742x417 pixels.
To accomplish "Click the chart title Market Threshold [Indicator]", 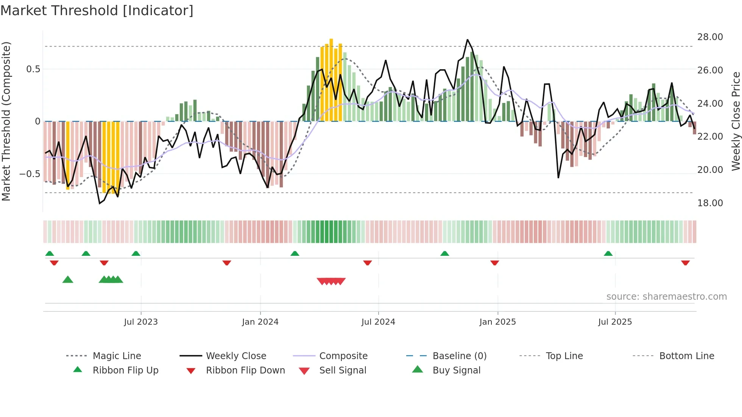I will [x=97, y=11].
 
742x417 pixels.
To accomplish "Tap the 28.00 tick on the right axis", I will [x=710, y=37].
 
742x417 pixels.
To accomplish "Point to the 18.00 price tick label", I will [x=710, y=203].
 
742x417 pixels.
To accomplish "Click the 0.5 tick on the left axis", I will [x=33, y=69].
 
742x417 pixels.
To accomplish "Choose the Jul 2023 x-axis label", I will [x=141, y=322].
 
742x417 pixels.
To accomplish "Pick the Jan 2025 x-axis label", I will [x=497, y=322].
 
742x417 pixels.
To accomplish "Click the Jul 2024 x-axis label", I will [x=378, y=322].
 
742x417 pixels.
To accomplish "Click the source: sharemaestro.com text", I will [x=666, y=297].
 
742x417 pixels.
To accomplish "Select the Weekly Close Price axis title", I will [x=736, y=121].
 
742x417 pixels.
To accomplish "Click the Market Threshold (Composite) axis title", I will [x=6, y=121].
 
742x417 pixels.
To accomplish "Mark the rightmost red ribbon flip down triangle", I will [x=685, y=263].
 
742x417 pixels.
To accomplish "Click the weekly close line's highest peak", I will [x=468, y=40].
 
